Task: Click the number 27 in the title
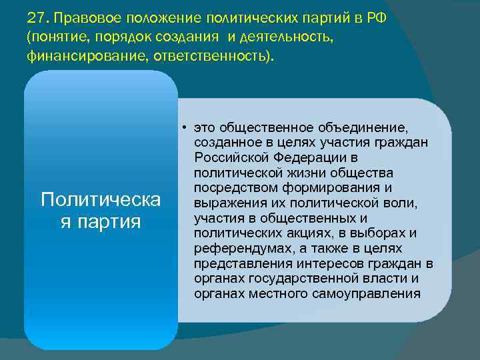click(x=36, y=17)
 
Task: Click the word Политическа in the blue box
click(x=101, y=199)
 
